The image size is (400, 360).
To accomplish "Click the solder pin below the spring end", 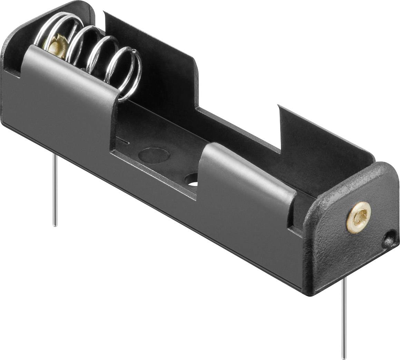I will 55,190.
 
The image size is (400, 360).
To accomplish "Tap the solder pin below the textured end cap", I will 344,328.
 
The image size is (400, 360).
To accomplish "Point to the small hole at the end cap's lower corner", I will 389,239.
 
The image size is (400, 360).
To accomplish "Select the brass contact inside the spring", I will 55,45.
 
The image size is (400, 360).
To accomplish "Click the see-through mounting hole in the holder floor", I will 192,179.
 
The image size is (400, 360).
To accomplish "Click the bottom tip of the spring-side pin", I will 55,225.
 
